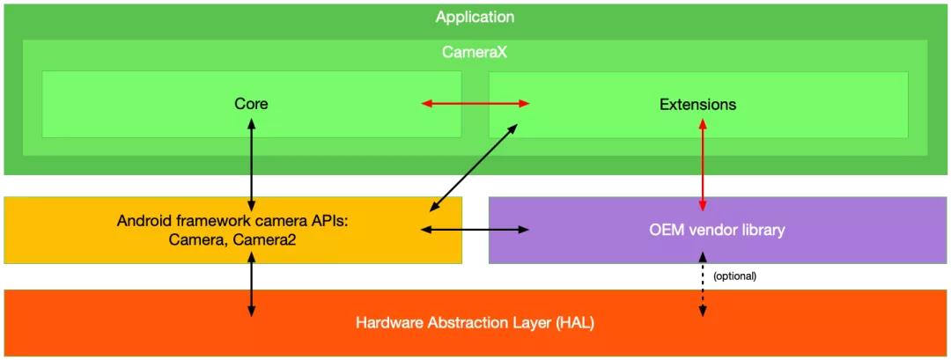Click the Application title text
click(475, 17)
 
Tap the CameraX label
click(475, 52)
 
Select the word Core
click(251, 104)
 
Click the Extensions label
click(697, 104)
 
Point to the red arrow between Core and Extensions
click(475, 104)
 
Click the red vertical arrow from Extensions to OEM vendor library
click(703, 164)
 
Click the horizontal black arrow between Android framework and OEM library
click(475, 230)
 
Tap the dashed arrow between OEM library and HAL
click(703, 283)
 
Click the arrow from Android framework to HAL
click(252, 283)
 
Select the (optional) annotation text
click(734, 276)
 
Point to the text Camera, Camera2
click(233, 238)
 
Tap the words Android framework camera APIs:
click(233, 220)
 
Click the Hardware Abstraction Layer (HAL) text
click(475, 322)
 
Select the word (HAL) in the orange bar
click(575, 322)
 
